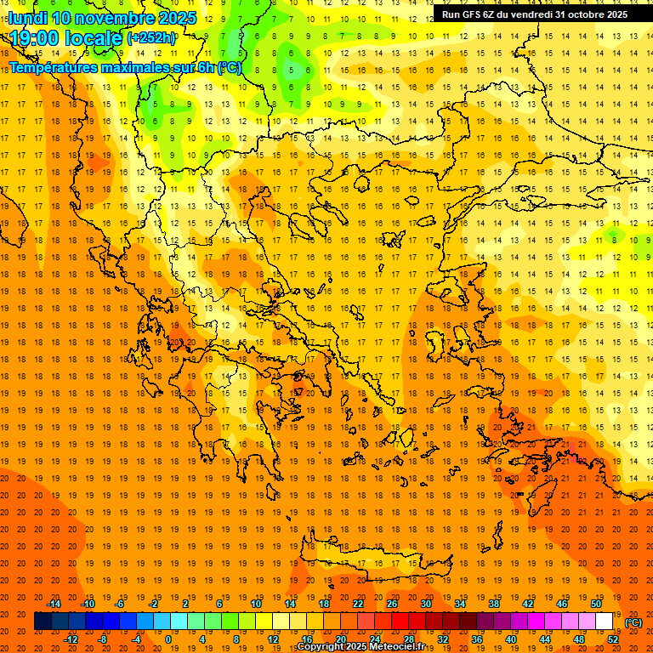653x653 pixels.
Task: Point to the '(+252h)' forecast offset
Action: click(150, 38)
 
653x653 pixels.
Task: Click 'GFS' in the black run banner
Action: click(473, 14)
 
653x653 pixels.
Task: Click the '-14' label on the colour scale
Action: click(54, 604)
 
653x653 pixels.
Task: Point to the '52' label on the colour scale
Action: click(613, 639)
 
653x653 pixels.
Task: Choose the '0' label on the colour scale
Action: click(168, 639)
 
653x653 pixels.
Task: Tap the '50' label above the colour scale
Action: click(596, 604)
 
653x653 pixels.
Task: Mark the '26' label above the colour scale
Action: click(392, 604)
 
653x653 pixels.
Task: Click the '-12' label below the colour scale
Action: click(71, 639)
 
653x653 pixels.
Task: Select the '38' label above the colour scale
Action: click(494, 604)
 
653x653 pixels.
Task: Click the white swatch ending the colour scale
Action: click(604, 622)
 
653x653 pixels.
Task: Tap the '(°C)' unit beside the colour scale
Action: click(633, 622)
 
